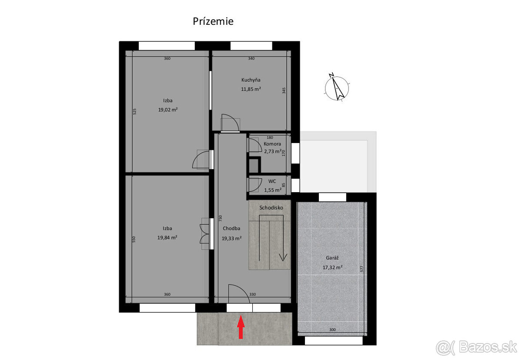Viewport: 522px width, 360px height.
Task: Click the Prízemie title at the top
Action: [x=213, y=21]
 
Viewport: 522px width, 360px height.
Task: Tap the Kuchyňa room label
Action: [x=251, y=80]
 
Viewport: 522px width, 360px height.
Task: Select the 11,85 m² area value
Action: [x=251, y=89]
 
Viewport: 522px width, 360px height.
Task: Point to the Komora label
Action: [x=272, y=144]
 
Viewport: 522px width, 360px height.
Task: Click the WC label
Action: [x=272, y=181]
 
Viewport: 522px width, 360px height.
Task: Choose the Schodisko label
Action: [x=271, y=207]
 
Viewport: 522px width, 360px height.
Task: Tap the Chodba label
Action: [x=231, y=228]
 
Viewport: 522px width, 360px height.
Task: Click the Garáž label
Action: [x=332, y=258]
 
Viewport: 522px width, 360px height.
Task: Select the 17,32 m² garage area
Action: [x=332, y=267]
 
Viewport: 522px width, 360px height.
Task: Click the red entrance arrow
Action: [x=241, y=327]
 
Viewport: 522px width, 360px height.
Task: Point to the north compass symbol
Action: [x=337, y=87]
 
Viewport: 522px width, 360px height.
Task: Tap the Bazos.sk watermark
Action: [x=477, y=348]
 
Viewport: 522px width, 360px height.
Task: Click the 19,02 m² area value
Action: [x=168, y=110]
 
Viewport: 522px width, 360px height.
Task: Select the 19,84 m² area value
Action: [x=167, y=237]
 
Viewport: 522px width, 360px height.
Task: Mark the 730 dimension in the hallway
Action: [x=221, y=218]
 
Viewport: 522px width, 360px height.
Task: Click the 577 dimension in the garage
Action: [x=362, y=269]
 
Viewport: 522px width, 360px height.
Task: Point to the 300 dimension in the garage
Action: [x=332, y=330]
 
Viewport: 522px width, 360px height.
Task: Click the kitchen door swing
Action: [x=230, y=123]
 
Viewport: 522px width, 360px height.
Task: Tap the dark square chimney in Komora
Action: [x=254, y=166]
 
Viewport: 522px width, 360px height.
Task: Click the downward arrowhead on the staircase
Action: [x=283, y=257]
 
